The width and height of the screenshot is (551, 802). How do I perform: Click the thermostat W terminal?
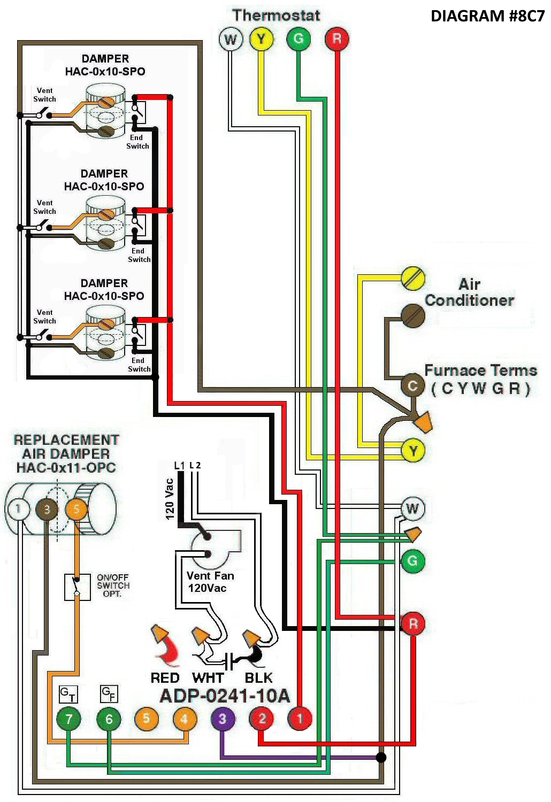pos(231,39)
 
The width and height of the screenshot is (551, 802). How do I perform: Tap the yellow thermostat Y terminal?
pos(261,39)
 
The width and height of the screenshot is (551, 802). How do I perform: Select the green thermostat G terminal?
pos(299,39)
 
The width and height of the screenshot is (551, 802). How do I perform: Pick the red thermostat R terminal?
pos(336,39)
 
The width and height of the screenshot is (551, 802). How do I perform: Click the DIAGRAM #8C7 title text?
pos(487,16)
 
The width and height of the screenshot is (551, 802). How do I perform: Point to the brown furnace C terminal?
pos(412,385)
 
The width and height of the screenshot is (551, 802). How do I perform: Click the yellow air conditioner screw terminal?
pos(413,279)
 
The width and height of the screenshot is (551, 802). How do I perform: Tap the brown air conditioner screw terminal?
pos(413,316)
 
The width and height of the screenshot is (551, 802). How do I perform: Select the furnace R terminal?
pos(413,624)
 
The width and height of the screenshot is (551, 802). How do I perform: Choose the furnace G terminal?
pos(412,561)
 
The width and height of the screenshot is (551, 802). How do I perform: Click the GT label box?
pos(68,694)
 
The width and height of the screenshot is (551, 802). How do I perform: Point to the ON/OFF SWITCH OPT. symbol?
pos(77,587)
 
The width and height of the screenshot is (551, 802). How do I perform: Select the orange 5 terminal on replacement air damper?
pos(76,509)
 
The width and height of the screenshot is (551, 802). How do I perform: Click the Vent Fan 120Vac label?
pos(210,582)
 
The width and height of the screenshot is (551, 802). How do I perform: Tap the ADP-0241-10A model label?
pos(225,696)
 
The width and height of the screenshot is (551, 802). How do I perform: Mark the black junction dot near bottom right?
pos(381,757)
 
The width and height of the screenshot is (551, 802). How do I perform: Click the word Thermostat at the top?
pos(276,15)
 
